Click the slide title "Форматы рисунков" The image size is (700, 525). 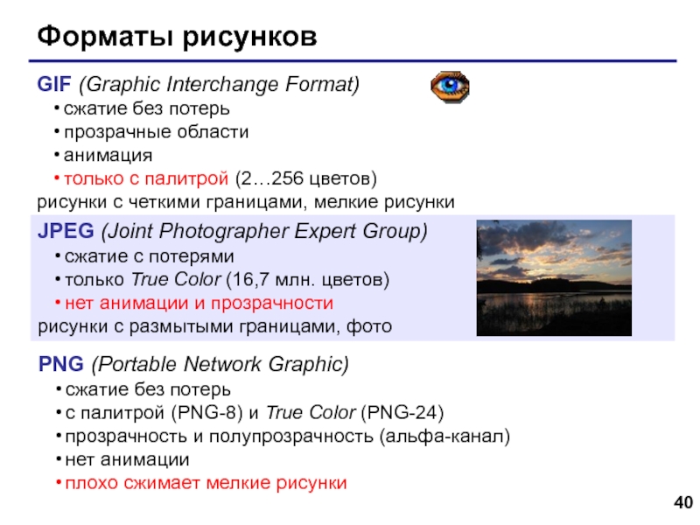[x=176, y=38]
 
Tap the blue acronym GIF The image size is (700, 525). [x=55, y=85]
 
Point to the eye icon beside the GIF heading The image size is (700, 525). [x=450, y=87]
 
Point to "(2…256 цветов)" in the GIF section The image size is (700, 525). [x=306, y=179]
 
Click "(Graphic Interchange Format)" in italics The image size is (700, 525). [x=220, y=85]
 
